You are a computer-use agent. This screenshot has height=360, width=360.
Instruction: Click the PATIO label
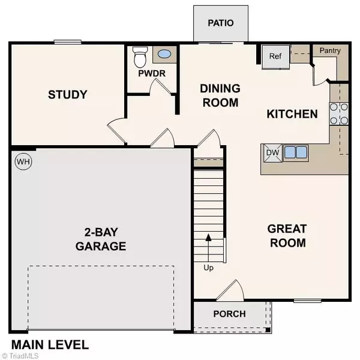pyautogui.click(x=220, y=23)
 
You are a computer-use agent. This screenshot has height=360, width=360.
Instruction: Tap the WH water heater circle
pyautogui.click(x=23, y=161)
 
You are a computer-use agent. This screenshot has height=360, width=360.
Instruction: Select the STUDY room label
pyautogui.click(x=68, y=95)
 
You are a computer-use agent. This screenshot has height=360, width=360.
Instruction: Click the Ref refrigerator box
pyautogui.click(x=275, y=56)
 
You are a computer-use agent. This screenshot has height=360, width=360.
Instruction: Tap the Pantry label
pyautogui.click(x=330, y=50)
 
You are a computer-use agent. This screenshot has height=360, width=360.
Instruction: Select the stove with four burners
pyautogui.click(x=339, y=113)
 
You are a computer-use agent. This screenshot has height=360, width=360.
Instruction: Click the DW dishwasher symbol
pyautogui.click(x=273, y=153)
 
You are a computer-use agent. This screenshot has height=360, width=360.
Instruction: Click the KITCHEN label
pyautogui.click(x=292, y=114)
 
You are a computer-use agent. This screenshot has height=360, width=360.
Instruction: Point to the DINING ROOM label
pyautogui.click(x=220, y=95)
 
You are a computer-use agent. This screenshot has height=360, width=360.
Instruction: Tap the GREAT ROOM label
pyautogui.click(x=287, y=236)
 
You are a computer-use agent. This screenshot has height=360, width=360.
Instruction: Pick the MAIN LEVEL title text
pyautogui.click(x=49, y=345)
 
